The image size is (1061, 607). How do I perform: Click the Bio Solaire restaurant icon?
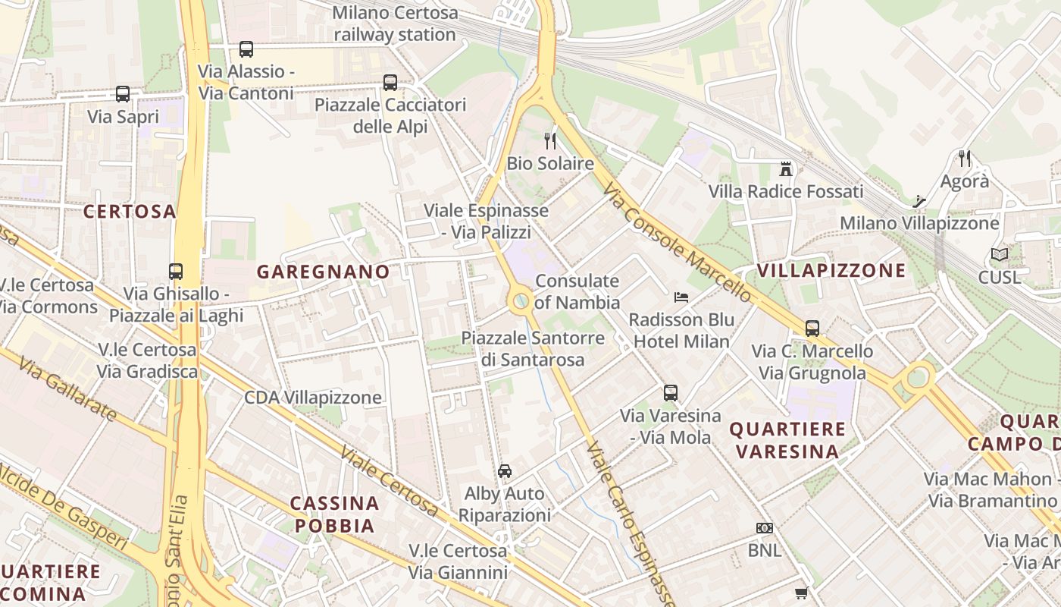pos(550,140)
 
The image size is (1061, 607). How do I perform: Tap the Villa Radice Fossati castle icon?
pos(785,168)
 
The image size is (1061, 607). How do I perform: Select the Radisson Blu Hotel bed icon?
pos(681,297)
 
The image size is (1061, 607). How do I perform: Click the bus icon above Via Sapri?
pos(123,94)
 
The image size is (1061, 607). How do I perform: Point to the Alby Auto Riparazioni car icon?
pos(505,470)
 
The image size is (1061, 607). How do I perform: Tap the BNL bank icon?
pos(764,528)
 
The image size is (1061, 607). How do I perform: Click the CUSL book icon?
pos(1000,255)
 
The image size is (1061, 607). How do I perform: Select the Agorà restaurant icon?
pos(964,159)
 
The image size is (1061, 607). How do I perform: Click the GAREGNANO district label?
pos(324,272)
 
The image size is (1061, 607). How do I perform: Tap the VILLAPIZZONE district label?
pos(831,271)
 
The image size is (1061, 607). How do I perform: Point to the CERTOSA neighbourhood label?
pos(130,212)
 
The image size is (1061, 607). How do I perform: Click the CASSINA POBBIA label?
pos(335,514)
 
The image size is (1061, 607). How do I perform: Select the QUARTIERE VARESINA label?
pos(787,440)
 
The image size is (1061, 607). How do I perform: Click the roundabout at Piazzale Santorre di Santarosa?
pos(521,301)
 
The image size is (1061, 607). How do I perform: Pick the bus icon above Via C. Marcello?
pos(812,329)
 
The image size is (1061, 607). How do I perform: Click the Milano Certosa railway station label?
pos(395,24)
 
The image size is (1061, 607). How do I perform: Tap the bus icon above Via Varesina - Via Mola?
pos(671,393)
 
